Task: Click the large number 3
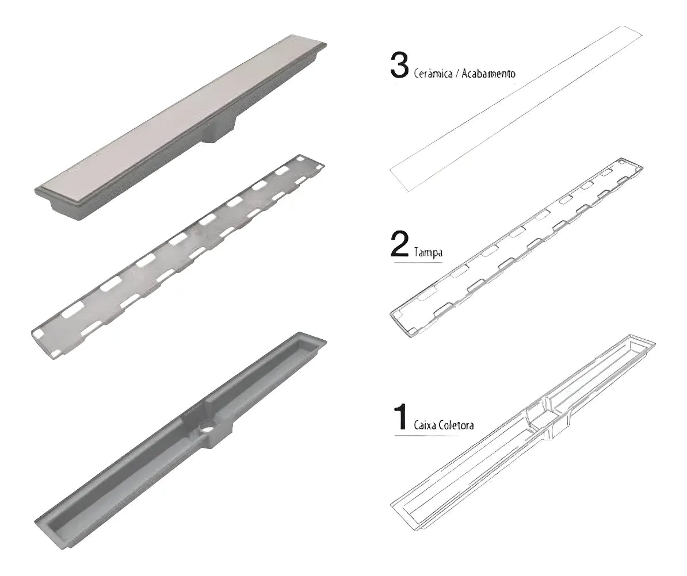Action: pyautogui.click(x=399, y=67)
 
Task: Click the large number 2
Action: pyautogui.click(x=399, y=245)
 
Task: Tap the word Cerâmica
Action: pyautogui.click(x=433, y=73)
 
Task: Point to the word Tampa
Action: pyautogui.click(x=428, y=252)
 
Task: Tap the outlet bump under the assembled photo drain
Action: pyautogui.click(x=220, y=130)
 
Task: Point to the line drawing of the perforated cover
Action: pyautogui.click(x=516, y=248)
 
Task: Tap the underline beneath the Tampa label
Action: pyautogui.click(x=418, y=263)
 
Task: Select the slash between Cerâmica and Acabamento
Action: pyautogui.click(x=457, y=74)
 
